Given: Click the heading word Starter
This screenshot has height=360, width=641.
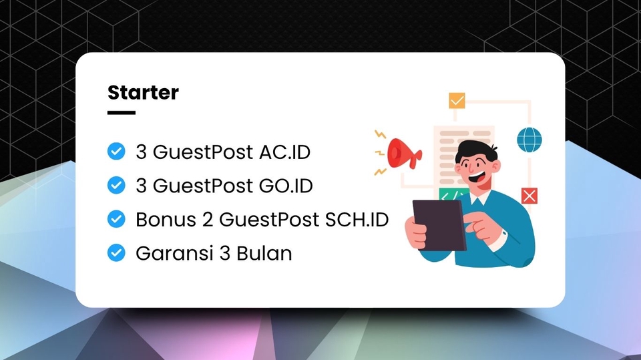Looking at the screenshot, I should pyautogui.click(x=143, y=92).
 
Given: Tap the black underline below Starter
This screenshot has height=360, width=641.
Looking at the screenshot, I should pyautogui.click(x=121, y=113).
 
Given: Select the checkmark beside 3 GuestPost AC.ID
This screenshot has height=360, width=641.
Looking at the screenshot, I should pyautogui.click(x=116, y=152).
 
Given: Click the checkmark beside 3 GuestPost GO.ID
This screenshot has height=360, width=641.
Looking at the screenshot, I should pyautogui.click(x=116, y=185).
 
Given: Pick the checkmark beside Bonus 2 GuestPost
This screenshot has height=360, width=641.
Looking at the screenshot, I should pyautogui.click(x=116, y=218).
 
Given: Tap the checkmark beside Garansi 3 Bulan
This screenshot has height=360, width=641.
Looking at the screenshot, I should pyautogui.click(x=116, y=252).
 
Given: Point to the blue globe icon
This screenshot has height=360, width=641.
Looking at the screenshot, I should pyautogui.click(x=529, y=140).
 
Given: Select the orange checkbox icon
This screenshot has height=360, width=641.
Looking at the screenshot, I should pyautogui.click(x=457, y=101).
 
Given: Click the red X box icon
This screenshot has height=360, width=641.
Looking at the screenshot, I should pyautogui.click(x=529, y=195).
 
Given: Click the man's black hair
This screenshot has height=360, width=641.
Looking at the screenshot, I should pyautogui.click(x=476, y=148).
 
